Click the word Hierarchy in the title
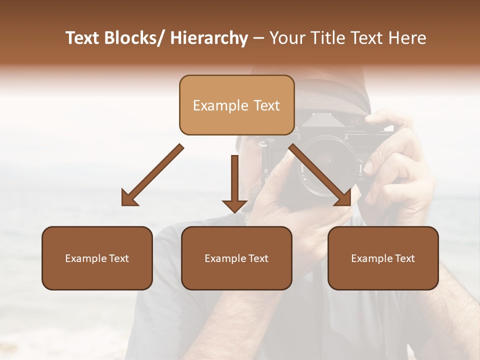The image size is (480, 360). (x=209, y=38)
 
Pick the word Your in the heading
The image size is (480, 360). (x=288, y=38)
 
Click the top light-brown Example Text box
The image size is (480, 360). (x=236, y=105)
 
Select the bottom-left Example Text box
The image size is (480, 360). (x=97, y=258)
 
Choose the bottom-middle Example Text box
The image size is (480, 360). (x=236, y=258)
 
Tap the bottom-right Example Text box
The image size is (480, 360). (x=383, y=258)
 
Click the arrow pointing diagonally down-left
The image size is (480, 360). (x=153, y=175)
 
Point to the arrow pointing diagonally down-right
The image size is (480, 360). (x=320, y=175)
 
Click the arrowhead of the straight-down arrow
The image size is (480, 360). (x=234, y=206)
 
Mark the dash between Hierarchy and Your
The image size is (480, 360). (x=258, y=39)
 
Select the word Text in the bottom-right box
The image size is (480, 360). (x=404, y=258)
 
